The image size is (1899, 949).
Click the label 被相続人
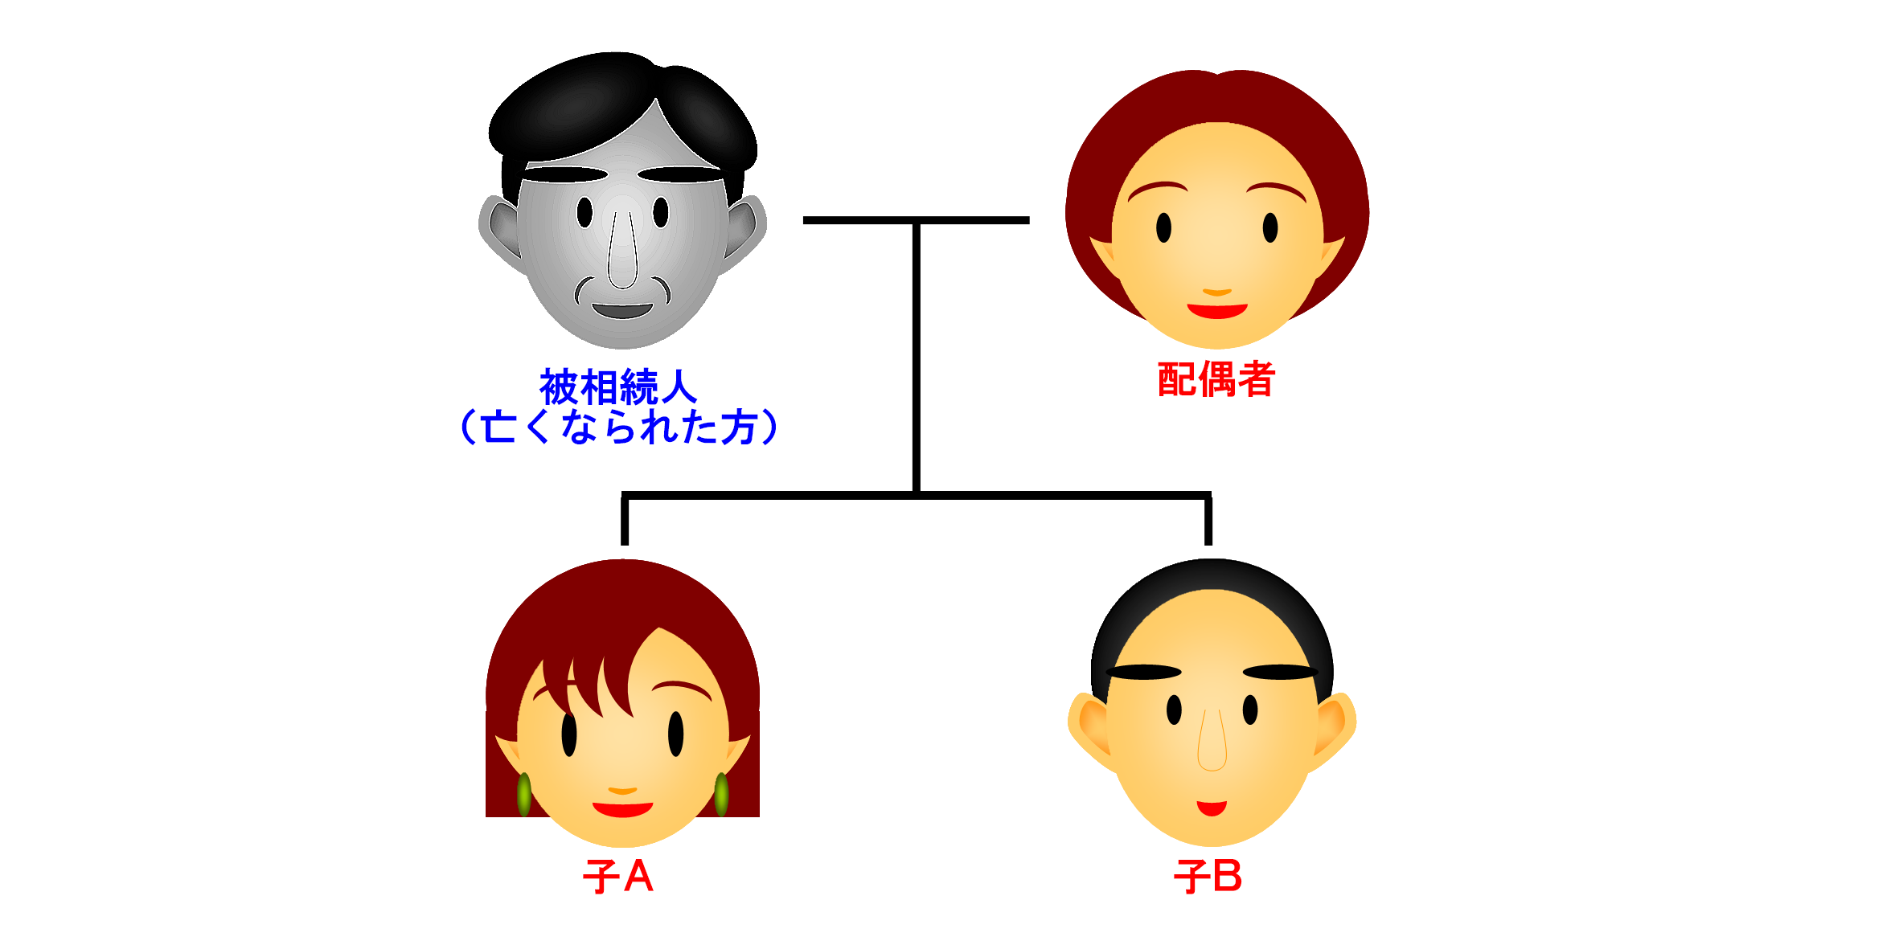click(x=617, y=387)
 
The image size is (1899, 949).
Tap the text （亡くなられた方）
click(x=617, y=427)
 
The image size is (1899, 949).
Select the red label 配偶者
click(x=1216, y=379)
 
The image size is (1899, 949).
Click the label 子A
click(x=617, y=877)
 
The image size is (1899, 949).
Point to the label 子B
click(x=1208, y=877)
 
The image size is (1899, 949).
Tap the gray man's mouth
click(x=622, y=310)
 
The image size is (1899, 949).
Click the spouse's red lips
click(x=1217, y=310)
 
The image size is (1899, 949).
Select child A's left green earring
click(x=524, y=794)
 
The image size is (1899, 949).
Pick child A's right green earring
click(x=721, y=794)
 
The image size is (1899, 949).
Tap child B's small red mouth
click(x=1212, y=808)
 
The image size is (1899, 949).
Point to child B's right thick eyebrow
click(x=1280, y=672)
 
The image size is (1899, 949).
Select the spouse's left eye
click(x=1163, y=227)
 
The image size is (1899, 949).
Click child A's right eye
click(x=676, y=734)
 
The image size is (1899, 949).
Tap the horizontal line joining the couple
click(x=916, y=220)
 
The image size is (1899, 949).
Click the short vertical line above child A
click(x=625, y=521)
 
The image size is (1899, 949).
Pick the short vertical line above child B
click(x=1208, y=521)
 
